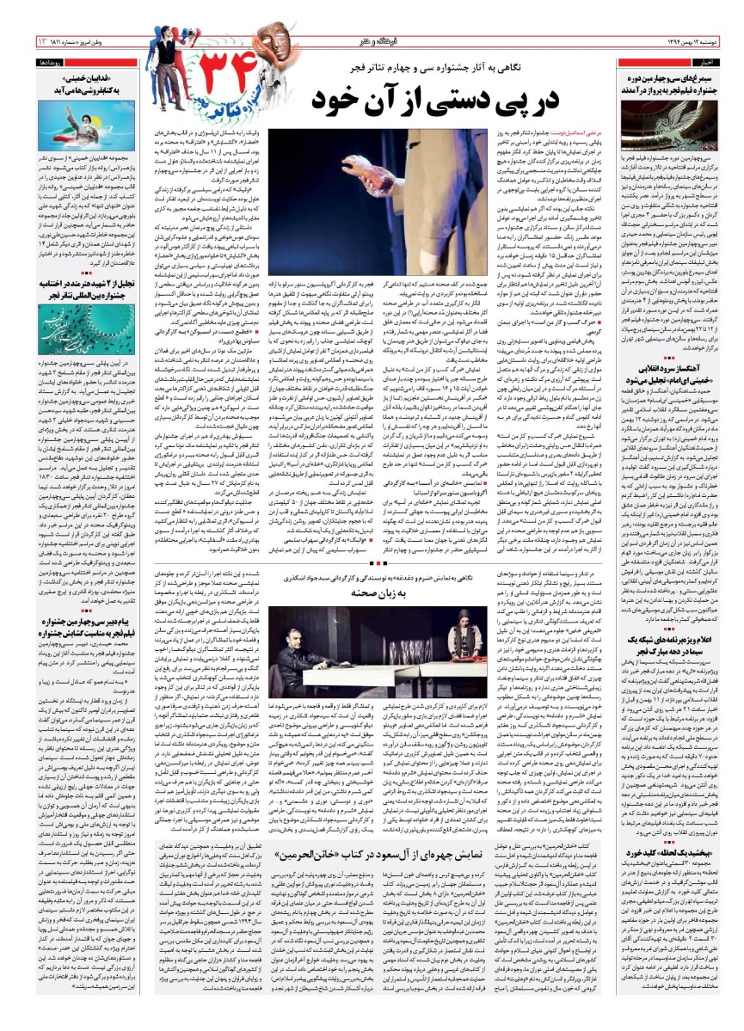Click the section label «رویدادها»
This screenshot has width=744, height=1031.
coord(46,63)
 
